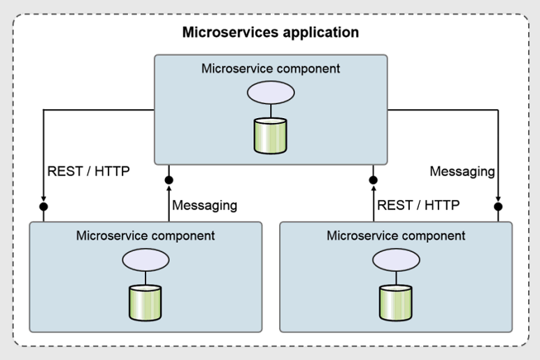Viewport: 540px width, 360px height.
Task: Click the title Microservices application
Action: (x=270, y=32)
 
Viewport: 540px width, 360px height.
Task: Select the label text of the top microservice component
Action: (x=271, y=69)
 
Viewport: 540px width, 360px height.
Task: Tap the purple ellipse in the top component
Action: (x=271, y=92)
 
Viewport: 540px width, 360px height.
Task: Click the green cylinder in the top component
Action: (x=271, y=135)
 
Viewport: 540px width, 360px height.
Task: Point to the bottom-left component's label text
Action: (x=145, y=236)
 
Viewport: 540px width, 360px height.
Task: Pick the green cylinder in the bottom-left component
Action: (x=145, y=302)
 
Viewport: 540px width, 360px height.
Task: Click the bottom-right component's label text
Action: (x=396, y=236)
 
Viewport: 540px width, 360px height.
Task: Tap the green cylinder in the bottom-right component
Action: (x=396, y=302)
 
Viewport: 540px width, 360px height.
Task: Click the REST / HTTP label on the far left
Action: (x=88, y=171)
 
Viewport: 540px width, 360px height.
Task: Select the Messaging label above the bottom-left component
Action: (x=204, y=206)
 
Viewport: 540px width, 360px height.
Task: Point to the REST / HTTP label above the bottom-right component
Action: (x=418, y=206)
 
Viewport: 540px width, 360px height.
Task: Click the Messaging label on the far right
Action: (x=462, y=171)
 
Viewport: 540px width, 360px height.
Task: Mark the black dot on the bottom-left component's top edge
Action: (x=43, y=207)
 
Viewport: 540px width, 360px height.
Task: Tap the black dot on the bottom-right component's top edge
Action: (x=498, y=207)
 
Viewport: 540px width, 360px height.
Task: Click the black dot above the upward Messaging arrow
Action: (x=169, y=180)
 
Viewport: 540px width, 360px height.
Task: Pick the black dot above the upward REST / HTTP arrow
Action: (x=374, y=180)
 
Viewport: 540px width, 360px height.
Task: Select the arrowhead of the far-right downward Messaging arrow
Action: (x=498, y=199)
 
